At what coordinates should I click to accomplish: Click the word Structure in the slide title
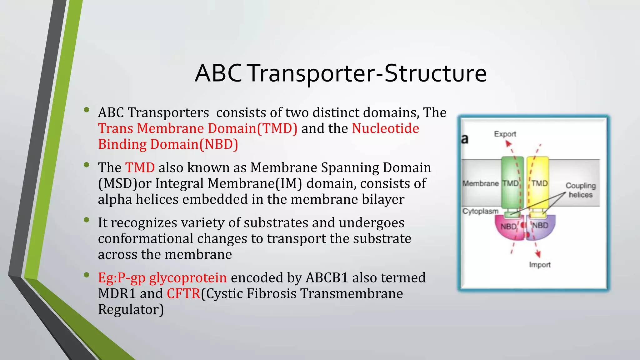(x=435, y=73)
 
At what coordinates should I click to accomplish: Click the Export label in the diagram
(x=505, y=134)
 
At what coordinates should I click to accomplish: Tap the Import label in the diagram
(x=540, y=265)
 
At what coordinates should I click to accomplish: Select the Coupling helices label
(x=580, y=190)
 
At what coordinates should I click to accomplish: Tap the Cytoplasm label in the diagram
(x=480, y=211)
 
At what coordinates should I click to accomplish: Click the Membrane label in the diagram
(x=480, y=183)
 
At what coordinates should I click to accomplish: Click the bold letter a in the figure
(x=465, y=139)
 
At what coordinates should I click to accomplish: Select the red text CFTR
(x=183, y=294)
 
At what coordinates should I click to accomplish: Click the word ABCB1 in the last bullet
(x=327, y=278)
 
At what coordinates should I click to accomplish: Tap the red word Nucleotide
(x=385, y=128)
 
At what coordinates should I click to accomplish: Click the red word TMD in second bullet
(x=140, y=168)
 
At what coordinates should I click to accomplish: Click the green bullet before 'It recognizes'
(x=87, y=220)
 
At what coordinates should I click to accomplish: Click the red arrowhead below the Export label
(x=508, y=144)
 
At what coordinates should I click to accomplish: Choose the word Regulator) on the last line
(x=131, y=310)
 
